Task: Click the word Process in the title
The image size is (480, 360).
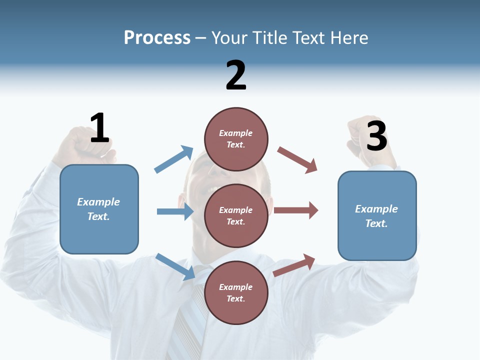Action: click(157, 37)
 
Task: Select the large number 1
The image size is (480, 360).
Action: click(99, 128)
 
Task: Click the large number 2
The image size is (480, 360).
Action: click(236, 75)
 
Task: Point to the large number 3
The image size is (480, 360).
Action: click(376, 135)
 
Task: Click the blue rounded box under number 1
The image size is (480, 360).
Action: click(99, 209)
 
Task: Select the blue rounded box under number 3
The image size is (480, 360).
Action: click(377, 215)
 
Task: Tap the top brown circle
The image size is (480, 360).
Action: click(236, 138)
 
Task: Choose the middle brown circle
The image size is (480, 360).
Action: click(236, 215)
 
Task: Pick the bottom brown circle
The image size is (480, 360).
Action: click(236, 292)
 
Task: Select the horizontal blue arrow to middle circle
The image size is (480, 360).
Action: click(175, 211)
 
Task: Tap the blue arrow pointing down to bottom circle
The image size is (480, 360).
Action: click(175, 266)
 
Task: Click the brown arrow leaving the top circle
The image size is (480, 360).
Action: click(297, 159)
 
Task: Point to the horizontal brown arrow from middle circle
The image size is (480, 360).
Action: click(295, 210)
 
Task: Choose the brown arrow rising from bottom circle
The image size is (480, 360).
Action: click(294, 265)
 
